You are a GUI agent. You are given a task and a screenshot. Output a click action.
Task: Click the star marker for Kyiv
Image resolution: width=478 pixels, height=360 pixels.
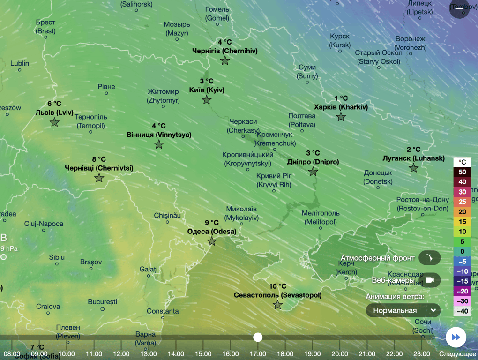click(x=207, y=100)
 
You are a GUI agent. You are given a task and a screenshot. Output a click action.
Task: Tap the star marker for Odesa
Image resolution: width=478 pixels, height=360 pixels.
click(x=212, y=241)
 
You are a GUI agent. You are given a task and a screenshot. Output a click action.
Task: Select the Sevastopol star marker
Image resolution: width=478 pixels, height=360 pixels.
click(x=278, y=305)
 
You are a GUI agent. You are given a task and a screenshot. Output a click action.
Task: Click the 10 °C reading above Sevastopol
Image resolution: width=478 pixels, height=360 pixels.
click(x=277, y=286)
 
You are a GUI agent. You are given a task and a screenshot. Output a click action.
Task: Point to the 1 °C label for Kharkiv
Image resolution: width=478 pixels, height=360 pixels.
click(x=341, y=98)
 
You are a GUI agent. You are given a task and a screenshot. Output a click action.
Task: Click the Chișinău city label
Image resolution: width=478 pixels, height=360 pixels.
click(x=167, y=215)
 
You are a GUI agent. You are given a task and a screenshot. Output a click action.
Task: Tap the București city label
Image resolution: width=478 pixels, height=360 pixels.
click(x=102, y=302)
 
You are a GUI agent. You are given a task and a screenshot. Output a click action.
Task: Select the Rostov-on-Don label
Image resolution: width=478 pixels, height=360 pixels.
click(x=422, y=204)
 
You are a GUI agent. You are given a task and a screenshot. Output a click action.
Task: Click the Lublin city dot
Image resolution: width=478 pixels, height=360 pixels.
click(x=20, y=70)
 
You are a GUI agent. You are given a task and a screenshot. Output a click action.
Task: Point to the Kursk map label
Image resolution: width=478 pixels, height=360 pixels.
click(x=340, y=41)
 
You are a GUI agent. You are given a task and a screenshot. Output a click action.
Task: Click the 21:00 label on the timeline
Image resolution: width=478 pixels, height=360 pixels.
click(x=367, y=354)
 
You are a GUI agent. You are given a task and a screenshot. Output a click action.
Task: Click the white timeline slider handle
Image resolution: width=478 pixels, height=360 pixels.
click(x=258, y=337)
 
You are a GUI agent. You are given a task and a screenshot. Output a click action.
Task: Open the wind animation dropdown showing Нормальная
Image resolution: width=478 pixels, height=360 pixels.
click(x=403, y=310)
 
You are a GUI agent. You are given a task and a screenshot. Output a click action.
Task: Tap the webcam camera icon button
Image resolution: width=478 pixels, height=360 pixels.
click(x=429, y=280)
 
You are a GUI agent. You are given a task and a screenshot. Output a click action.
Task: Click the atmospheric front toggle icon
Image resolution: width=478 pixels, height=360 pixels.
click(x=429, y=258)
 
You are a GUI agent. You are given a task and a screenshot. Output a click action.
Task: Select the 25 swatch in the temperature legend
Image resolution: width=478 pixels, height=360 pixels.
click(x=462, y=202)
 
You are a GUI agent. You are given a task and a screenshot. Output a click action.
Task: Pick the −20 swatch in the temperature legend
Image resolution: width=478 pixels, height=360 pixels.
click(x=462, y=291)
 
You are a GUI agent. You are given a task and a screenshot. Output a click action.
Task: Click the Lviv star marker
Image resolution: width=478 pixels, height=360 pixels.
click(x=55, y=122)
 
